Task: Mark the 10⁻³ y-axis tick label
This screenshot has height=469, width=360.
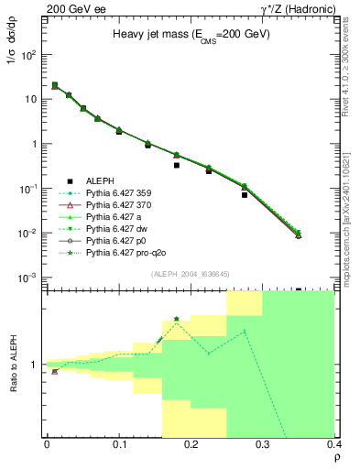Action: point(27,278)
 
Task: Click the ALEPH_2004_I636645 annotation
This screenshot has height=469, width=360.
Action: point(190,274)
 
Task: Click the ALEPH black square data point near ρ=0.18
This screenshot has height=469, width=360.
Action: point(177,166)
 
